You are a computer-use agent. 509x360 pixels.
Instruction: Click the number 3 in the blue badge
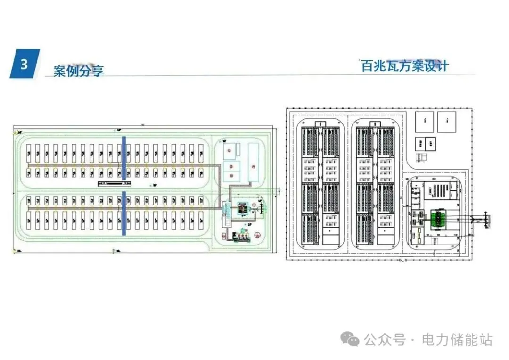(x=24, y=64)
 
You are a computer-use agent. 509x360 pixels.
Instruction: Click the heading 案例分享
(x=79, y=71)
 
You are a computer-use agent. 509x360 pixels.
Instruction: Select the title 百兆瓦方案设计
(x=404, y=65)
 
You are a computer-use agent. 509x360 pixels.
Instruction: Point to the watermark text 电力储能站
(x=457, y=340)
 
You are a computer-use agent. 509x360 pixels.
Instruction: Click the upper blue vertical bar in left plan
(x=124, y=158)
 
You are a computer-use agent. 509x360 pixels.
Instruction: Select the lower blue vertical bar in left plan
(x=124, y=213)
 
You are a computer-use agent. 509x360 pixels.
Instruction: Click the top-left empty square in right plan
(x=425, y=122)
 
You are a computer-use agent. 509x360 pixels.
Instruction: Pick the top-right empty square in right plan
(x=447, y=122)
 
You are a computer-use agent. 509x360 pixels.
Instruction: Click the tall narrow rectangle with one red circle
(x=254, y=163)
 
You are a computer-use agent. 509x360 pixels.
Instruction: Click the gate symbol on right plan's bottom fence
(x=402, y=260)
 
